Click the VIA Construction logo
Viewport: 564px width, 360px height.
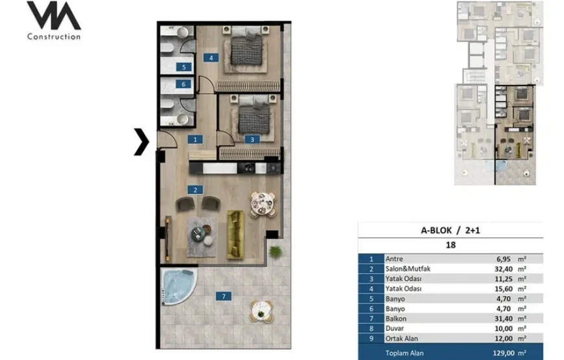[54, 20]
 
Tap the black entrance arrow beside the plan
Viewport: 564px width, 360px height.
[141, 142]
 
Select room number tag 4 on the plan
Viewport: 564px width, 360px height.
[211, 58]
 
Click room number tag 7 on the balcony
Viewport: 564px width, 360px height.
[224, 296]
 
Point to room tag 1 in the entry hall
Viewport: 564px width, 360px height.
[195, 139]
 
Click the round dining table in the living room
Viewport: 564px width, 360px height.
[263, 204]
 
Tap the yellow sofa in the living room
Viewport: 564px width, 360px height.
[235, 235]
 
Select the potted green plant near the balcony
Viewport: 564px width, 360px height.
[275, 251]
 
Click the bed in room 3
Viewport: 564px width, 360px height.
[253, 114]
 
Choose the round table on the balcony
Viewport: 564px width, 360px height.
[261, 311]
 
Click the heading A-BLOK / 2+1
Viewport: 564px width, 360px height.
[451, 230]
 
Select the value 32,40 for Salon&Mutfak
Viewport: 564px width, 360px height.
[503, 269]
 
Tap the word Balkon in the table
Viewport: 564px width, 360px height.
[395, 318]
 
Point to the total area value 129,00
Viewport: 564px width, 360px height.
[503, 353]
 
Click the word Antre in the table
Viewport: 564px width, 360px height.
[394, 259]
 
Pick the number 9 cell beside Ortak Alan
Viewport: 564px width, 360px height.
[371, 339]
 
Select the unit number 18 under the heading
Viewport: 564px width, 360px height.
[451, 245]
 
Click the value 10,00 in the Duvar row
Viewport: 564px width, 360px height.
[503, 328]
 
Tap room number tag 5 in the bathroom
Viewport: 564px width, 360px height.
[183, 67]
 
